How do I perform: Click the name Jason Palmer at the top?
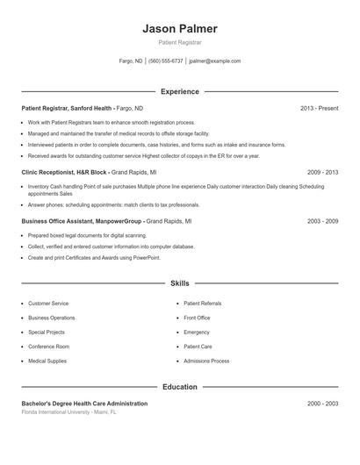coord(179,29)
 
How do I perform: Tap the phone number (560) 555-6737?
coord(166,61)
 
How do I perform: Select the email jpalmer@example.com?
coord(215,61)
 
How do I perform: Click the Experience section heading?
coord(179,91)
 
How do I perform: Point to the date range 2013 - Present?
coord(319,108)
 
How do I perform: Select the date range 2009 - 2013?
coord(322,173)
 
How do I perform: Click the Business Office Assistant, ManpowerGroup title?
coord(82,222)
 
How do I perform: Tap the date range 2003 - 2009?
coord(322,222)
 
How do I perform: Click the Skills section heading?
coord(179,283)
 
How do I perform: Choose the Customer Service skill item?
coord(48,304)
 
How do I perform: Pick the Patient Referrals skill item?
coord(203,304)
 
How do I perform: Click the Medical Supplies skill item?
coord(47,361)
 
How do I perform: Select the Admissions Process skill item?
coord(206,361)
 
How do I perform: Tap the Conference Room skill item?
coord(48,347)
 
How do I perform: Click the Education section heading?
coord(179,387)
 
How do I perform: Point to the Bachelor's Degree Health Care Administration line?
coord(84,404)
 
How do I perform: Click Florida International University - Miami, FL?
coord(68,411)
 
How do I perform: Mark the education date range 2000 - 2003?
coord(322,404)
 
